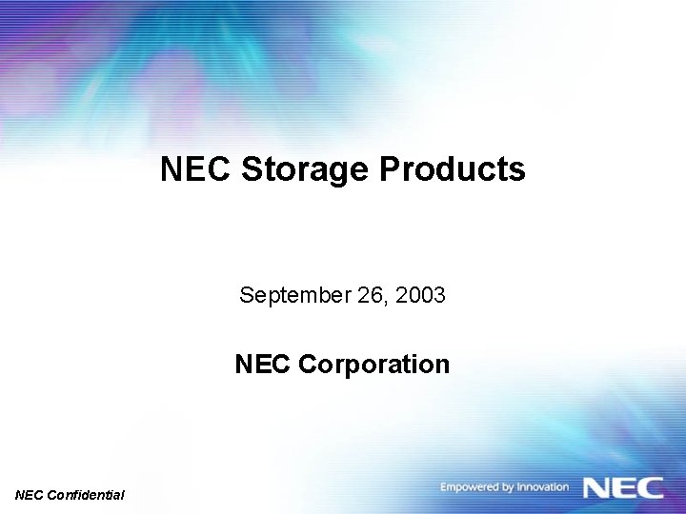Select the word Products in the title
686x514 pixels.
(453, 169)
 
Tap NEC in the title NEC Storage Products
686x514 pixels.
(196, 169)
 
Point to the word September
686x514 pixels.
(282, 296)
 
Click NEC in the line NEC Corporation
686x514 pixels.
(263, 365)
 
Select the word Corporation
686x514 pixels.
(373, 365)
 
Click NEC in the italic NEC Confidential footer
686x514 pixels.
(30, 495)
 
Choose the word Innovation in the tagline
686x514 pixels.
(542, 487)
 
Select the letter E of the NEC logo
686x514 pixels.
(625, 487)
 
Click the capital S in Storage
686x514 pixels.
(252, 169)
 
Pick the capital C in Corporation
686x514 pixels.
(308, 365)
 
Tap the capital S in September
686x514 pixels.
(246, 295)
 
